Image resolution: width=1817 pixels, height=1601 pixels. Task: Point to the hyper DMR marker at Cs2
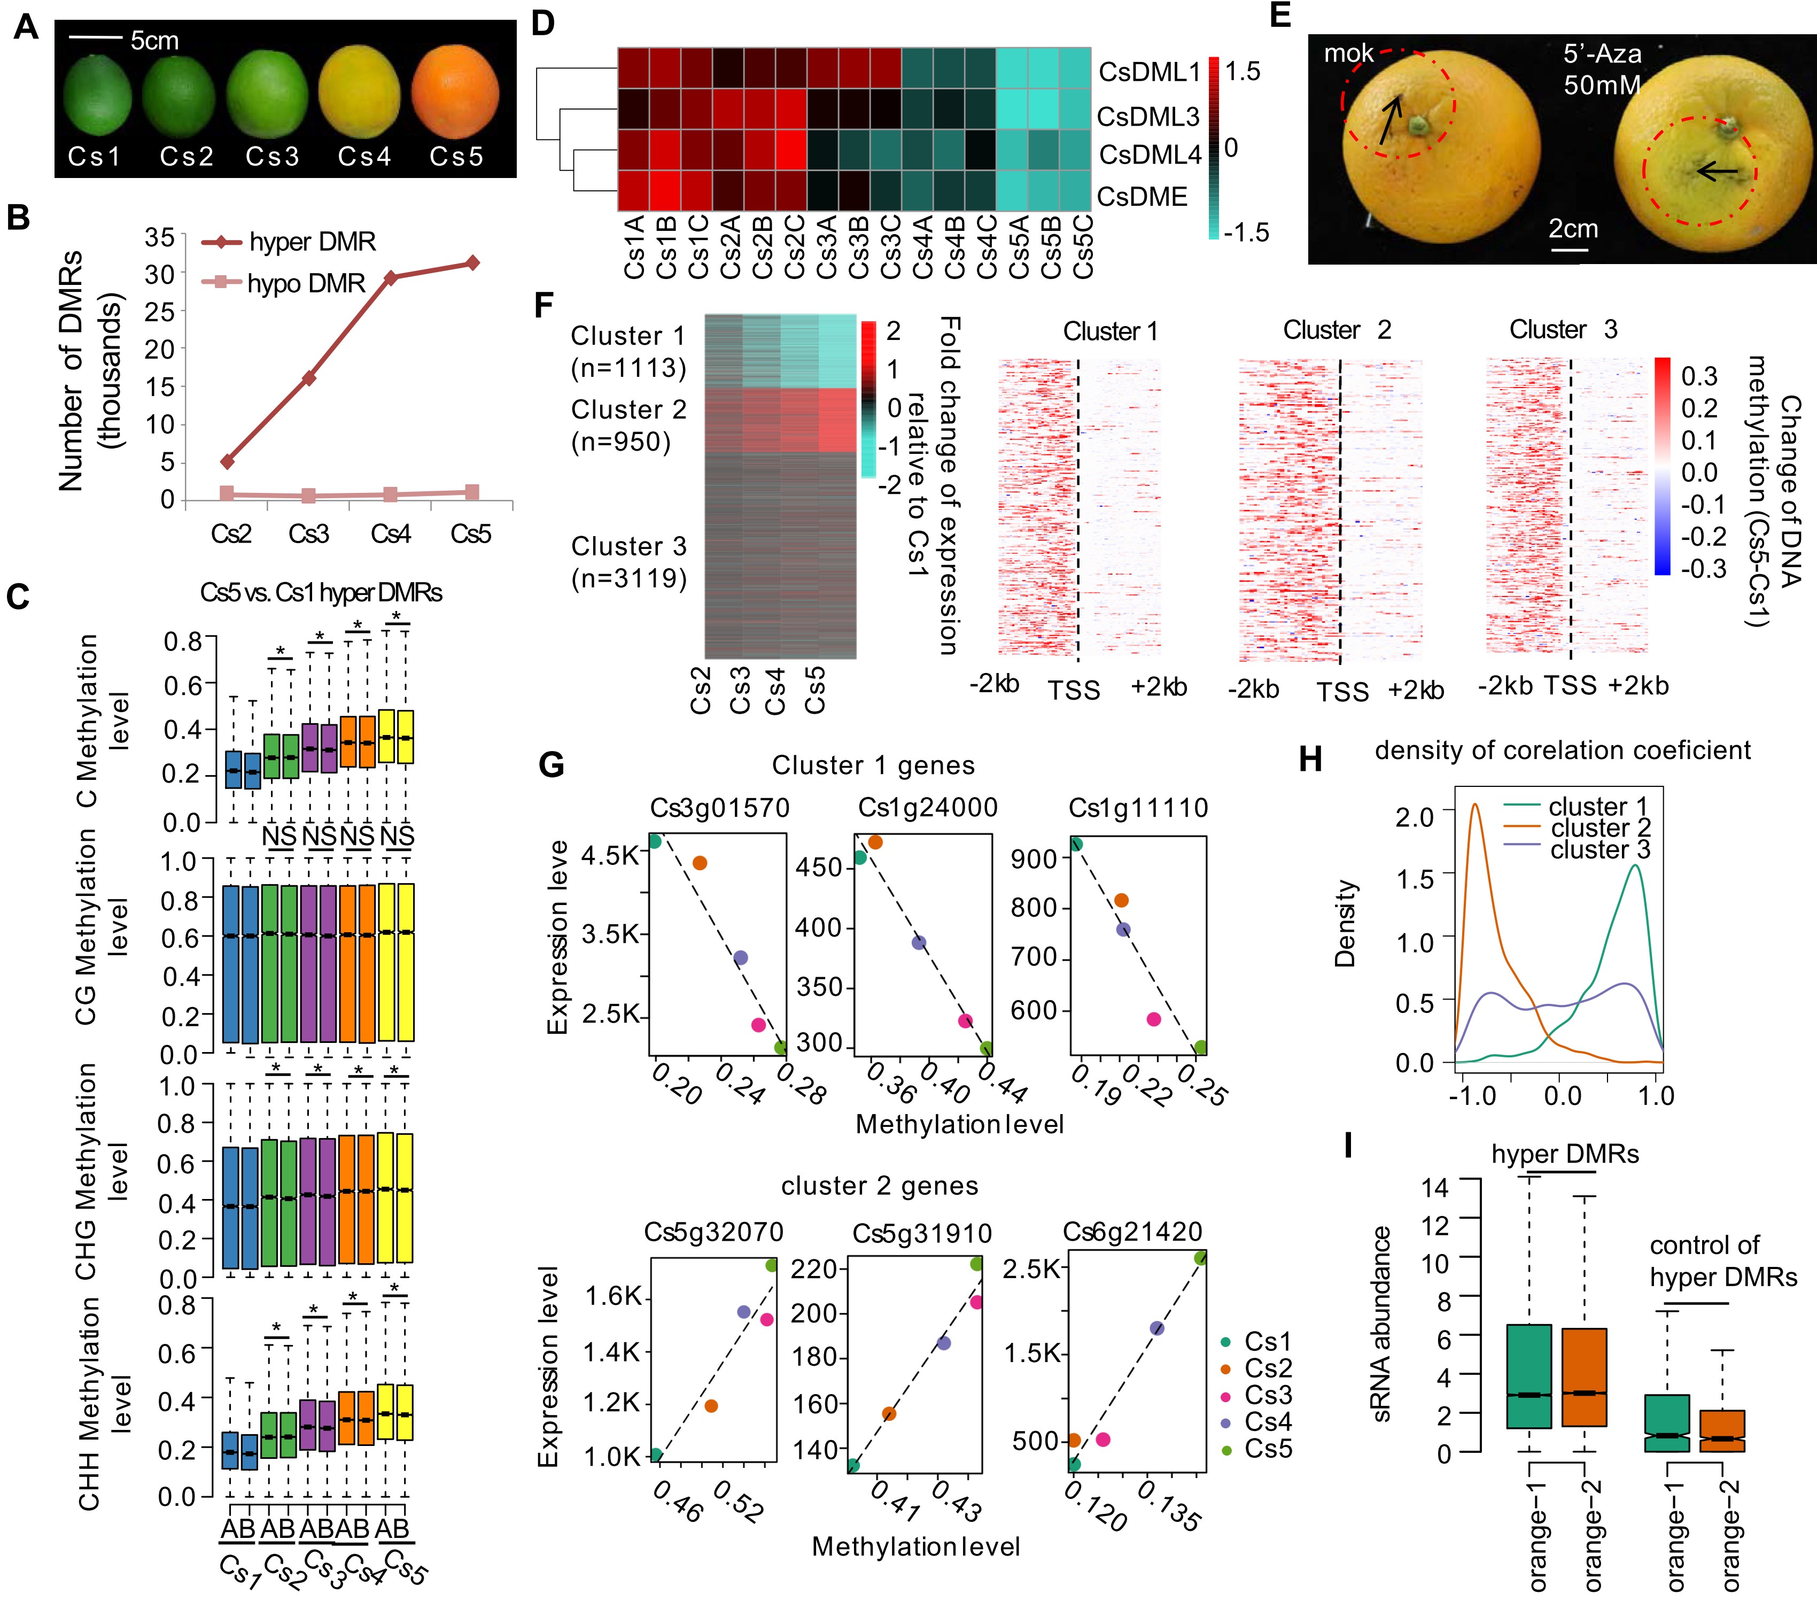click(228, 461)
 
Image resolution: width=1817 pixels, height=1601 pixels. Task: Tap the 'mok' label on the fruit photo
click(1348, 54)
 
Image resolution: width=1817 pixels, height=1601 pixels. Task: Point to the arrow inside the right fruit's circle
click(1715, 171)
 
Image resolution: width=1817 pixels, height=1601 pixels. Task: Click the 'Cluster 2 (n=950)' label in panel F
click(628, 426)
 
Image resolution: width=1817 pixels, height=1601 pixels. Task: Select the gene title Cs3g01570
click(720, 808)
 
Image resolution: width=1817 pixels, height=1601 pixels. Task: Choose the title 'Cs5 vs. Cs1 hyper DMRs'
click(321, 593)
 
